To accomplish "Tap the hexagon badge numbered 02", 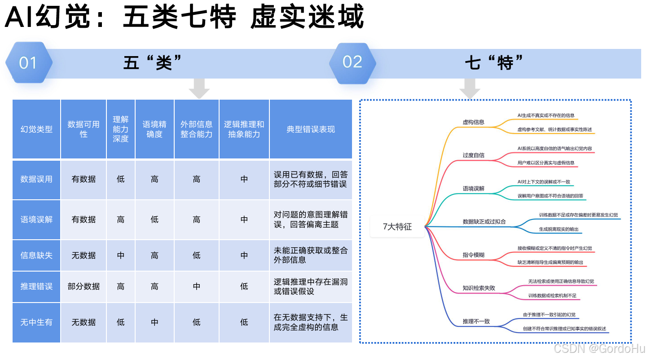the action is click(352, 62).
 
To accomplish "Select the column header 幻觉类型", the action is click(36, 129).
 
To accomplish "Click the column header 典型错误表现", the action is click(311, 129).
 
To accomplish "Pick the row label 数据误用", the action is click(36, 179).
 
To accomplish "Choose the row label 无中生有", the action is click(36, 322).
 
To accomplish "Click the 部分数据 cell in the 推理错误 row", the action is click(84, 286).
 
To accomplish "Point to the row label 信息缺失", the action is click(36, 255).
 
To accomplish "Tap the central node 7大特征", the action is click(397, 227).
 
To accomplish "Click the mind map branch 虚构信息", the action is click(473, 122).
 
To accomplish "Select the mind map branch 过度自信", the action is click(473, 155).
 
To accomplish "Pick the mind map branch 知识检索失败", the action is click(479, 288).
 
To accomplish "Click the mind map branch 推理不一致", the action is click(476, 321).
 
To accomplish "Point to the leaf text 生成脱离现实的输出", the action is click(559, 229).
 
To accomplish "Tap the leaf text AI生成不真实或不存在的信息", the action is click(546, 115).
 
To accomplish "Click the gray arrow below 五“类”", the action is click(199, 88).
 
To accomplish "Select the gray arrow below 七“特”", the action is click(470, 88).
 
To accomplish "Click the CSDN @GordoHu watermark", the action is click(599, 348).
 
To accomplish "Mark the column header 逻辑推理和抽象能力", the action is click(244, 129).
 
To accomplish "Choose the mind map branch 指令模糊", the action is click(473, 255).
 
